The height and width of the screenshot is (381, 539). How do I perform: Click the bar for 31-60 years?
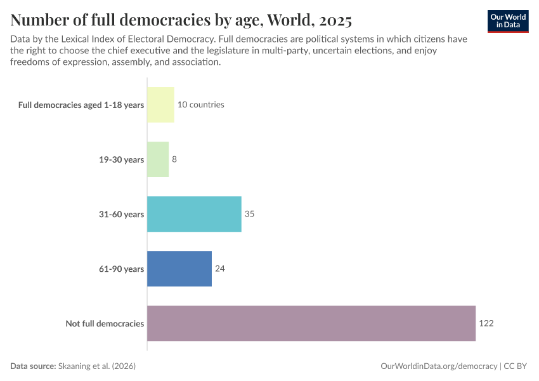(194, 214)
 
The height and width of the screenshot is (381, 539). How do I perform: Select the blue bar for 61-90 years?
(179, 269)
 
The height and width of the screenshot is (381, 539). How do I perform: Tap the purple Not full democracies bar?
(311, 323)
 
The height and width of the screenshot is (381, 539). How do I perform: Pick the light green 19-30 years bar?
(158, 159)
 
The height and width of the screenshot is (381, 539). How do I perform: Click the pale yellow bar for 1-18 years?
(160, 105)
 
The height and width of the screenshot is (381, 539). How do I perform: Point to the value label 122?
(486, 323)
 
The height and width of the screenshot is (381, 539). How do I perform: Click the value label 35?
(249, 214)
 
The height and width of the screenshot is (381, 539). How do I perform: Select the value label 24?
(219, 269)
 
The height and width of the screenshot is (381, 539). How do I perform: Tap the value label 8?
(174, 159)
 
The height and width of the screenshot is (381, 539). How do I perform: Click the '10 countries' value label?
(200, 105)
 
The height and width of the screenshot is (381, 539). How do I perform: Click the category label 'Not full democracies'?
(105, 324)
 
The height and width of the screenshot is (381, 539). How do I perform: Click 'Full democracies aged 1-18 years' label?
(81, 105)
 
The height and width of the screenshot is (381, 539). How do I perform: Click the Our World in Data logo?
(508, 21)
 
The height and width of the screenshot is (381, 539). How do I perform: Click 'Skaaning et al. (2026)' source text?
(97, 366)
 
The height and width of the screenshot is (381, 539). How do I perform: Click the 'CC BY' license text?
(517, 366)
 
